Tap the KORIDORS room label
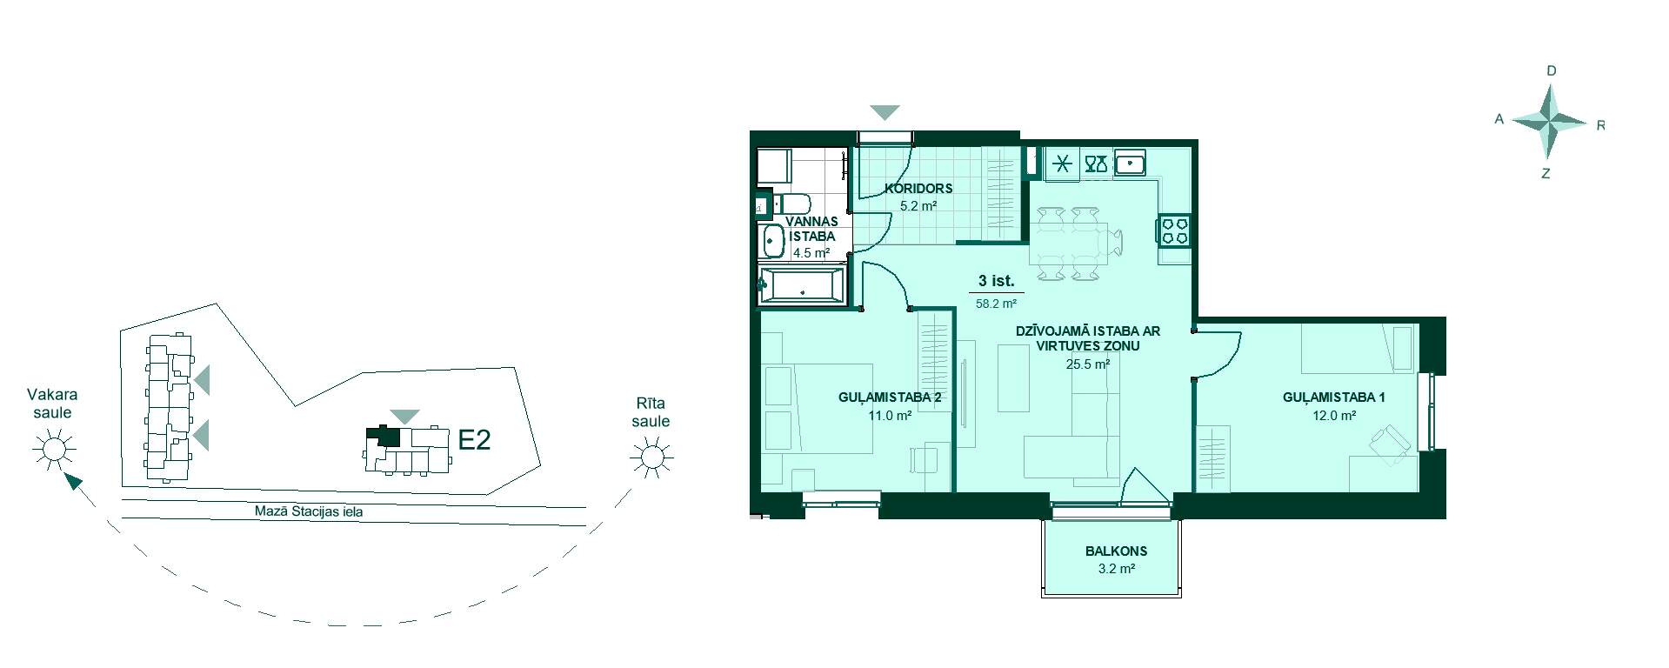[918, 188]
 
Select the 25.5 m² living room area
[1088, 364]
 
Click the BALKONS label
[1116, 551]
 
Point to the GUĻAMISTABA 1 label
[1334, 397]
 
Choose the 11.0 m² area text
[890, 416]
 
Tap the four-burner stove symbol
[1174, 230]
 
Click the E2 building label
[474, 440]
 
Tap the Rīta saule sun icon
[651, 457]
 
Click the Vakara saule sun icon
[54, 449]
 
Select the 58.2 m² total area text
[996, 304]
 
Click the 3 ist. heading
[996, 281]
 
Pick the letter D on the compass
[1551, 70]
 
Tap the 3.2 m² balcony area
[1116, 569]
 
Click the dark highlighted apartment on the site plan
[384, 437]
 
